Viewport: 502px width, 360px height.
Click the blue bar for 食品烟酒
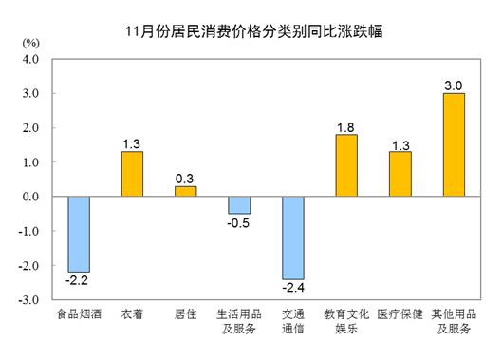click(x=79, y=234)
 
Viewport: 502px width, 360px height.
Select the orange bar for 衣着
click(x=132, y=174)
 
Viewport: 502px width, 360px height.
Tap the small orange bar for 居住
click(x=185, y=191)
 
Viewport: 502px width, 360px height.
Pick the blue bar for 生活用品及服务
click(x=239, y=205)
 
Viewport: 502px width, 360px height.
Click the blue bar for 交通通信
click(x=292, y=237)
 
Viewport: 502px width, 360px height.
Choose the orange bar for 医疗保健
click(x=400, y=174)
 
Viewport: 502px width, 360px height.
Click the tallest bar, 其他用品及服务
click(x=454, y=144)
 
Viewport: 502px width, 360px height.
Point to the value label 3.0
click(x=454, y=84)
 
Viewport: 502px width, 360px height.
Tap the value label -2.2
click(x=78, y=281)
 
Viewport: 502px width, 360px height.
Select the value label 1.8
click(x=346, y=125)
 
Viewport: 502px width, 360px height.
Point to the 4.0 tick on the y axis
click(x=30, y=59)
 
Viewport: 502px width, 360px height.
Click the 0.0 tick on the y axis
click(x=30, y=197)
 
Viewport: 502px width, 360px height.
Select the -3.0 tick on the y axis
click(x=28, y=300)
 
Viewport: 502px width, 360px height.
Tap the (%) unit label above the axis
click(x=31, y=42)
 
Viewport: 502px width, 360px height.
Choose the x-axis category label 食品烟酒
click(x=78, y=315)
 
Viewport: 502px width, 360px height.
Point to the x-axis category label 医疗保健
click(x=400, y=315)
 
